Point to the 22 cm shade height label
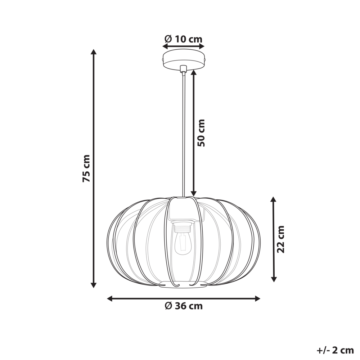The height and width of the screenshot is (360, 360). [281, 239]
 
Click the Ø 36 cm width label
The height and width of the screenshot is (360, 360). [184, 306]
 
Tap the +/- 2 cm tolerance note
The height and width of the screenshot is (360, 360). [336, 350]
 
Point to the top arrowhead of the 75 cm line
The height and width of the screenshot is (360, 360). [94, 51]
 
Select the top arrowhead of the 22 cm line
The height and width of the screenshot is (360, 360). [274, 199]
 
